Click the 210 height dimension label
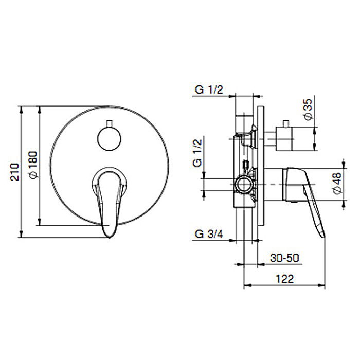coord(15,172)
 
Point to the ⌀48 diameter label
coord(337,183)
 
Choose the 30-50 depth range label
coord(284,258)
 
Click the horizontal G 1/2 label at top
coord(208,90)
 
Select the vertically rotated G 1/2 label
coord(196,152)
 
